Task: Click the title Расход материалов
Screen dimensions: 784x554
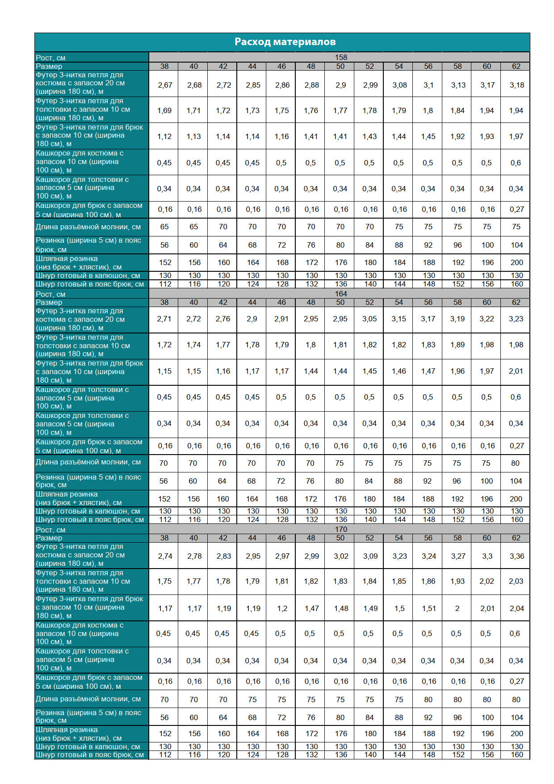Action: (x=285, y=42)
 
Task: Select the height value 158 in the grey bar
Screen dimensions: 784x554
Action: (x=341, y=57)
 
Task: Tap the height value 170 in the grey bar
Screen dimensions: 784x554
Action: (x=341, y=529)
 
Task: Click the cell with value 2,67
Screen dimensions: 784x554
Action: (x=165, y=85)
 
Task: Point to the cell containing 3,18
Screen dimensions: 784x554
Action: (x=516, y=85)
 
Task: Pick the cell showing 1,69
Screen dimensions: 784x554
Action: (x=164, y=110)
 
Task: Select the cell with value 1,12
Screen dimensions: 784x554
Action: (x=164, y=136)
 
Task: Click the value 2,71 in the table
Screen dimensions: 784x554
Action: (x=164, y=319)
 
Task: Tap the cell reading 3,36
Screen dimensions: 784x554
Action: (x=516, y=556)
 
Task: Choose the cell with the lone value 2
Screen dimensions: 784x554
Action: (x=457, y=608)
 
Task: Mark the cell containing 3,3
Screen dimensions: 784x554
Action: (x=487, y=556)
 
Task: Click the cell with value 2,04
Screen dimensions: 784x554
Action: (x=516, y=608)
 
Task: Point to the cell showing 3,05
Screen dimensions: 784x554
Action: (x=369, y=319)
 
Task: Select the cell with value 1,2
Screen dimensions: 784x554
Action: (x=282, y=608)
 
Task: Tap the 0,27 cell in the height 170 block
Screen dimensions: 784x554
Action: (x=516, y=681)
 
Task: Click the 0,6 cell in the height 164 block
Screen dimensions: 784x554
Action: (x=516, y=397)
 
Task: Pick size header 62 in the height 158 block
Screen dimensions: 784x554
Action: (x=516, y=66)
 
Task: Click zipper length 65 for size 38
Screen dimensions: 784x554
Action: (x=164, y=227)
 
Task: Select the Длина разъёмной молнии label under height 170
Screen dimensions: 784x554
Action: (x=88, y=699)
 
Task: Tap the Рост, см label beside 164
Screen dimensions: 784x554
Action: (x=50, y=294)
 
